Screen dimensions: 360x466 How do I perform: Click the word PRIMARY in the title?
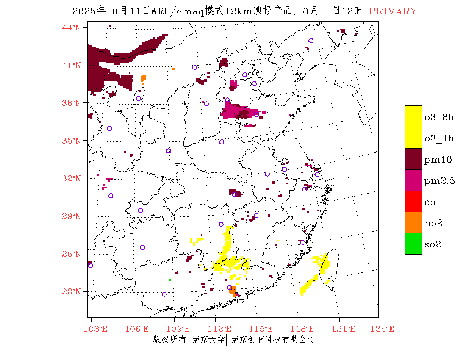point(393,11)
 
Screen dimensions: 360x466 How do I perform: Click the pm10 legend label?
point(438,160)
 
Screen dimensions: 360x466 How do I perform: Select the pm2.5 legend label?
point(440,181)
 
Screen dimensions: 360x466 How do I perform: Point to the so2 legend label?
point(433,244)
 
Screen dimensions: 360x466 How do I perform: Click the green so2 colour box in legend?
point(413,244)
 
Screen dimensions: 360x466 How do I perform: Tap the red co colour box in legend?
point(413,201)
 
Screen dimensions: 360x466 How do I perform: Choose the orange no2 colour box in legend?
point(413,222)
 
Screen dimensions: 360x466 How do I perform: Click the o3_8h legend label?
point(439,117)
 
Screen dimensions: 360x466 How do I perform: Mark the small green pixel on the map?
point(170,280)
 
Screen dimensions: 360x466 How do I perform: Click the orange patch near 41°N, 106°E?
point(143,78)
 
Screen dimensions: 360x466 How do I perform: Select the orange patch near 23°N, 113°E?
point(232,290)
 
